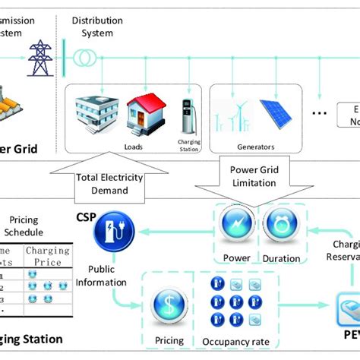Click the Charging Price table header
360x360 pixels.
[x=47, y=256]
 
